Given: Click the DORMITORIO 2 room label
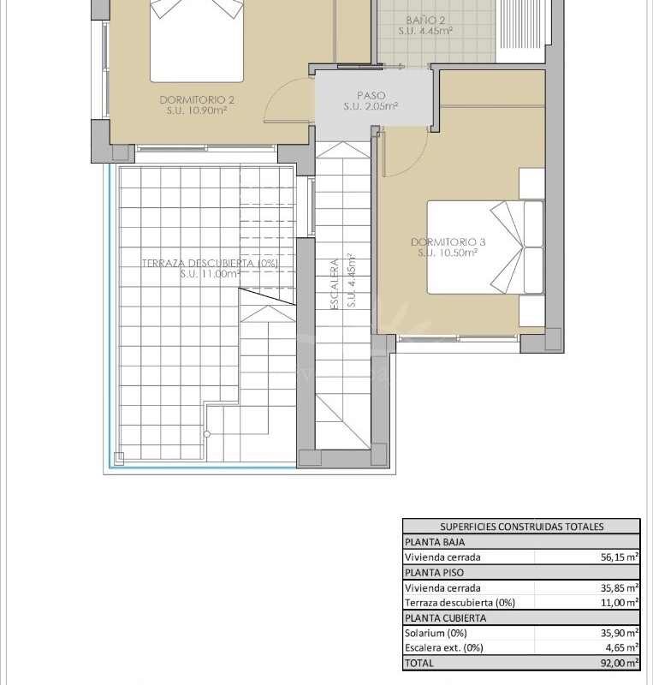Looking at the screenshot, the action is (x=197, y=100).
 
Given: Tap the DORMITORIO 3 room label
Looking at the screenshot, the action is (x=448, y=242).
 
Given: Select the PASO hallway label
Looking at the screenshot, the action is (x=371, y=96).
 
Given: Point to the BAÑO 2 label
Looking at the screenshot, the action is (x=425, y=20).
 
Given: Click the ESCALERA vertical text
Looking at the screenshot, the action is (x=335, y=284).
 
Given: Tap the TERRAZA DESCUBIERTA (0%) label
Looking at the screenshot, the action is (x=210, y=263).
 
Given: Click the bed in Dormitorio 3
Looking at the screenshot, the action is (x=486, y=247).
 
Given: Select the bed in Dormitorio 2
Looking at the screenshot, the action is (x=197, y=40).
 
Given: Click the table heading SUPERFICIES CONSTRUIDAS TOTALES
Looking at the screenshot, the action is (x=521, y=527).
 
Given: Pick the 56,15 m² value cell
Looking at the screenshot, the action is (x=620, y=557).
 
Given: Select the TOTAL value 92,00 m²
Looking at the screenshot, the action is (x=620, y=663).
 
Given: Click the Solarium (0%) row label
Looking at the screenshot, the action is (x=436, y=633).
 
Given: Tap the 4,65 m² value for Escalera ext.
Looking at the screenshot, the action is (x=622, y=648).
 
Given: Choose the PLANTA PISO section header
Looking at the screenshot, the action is (x=434, y=573).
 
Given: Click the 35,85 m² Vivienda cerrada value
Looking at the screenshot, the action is (x=620, y=588).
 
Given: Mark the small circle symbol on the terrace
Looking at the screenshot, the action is (x=207, y=434).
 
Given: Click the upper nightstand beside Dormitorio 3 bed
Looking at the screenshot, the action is (x=531, y=183).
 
